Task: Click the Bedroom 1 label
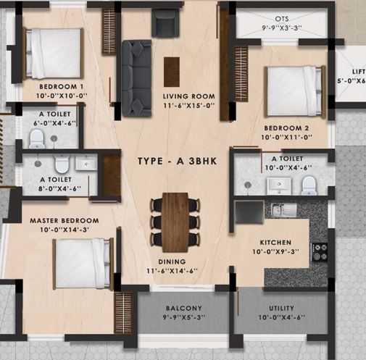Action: [x=62, y=86]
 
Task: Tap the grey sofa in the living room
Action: [x=136, y=78]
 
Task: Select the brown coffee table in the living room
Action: [x=172, y=72]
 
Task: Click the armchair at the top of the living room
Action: [x=165, y=22]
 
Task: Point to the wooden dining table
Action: [x=175, y=222]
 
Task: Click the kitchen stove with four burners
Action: [x=320, y=252]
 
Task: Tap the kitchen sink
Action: [x=284, y=209]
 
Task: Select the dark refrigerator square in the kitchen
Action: [x=249, y=212]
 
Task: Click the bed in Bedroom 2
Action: [x=295, y=91]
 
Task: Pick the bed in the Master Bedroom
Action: [x=83, y=264]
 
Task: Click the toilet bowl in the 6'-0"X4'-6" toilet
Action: [x=37, y=139]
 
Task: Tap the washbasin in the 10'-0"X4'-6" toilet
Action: [x=279, y=185]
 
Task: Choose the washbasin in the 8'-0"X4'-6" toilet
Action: [x=86, y=162]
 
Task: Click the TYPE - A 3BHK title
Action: [x=177, y=161]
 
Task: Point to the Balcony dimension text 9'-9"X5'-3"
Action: [x=184, y=317]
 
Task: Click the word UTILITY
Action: [x=281, y=308]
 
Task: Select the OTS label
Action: [x=282, y=19]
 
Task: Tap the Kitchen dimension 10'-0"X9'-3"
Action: [x=276, y=251]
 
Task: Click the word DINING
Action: [x=172, y=261]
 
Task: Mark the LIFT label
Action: [x=359, y=72]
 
